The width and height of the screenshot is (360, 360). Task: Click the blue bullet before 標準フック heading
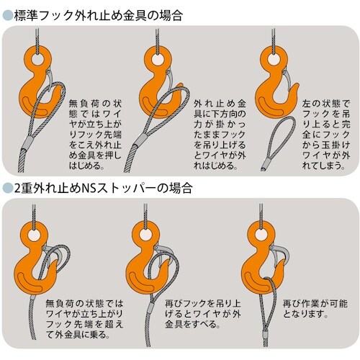[x=7, y=16]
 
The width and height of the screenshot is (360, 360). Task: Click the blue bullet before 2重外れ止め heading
[x=7, y=188]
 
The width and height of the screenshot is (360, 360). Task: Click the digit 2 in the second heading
[x=17, y=189]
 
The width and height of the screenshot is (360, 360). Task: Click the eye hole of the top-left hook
[x=37, y=59]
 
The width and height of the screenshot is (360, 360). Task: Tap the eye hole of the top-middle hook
[x=158, y=59]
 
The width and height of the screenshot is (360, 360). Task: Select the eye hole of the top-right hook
[x=274, y=59]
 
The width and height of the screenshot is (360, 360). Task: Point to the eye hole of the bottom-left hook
[x=34, y=235]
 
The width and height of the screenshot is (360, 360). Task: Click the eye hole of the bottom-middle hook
[x=145, y=235]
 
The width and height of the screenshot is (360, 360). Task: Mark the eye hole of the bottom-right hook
[x=261, y=235]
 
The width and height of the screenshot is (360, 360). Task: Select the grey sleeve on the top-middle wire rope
[x=140, y=140]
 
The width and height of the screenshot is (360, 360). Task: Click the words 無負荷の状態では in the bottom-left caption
[x=84, y=304]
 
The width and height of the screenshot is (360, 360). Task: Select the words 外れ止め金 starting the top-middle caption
[x=220, y=104]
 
